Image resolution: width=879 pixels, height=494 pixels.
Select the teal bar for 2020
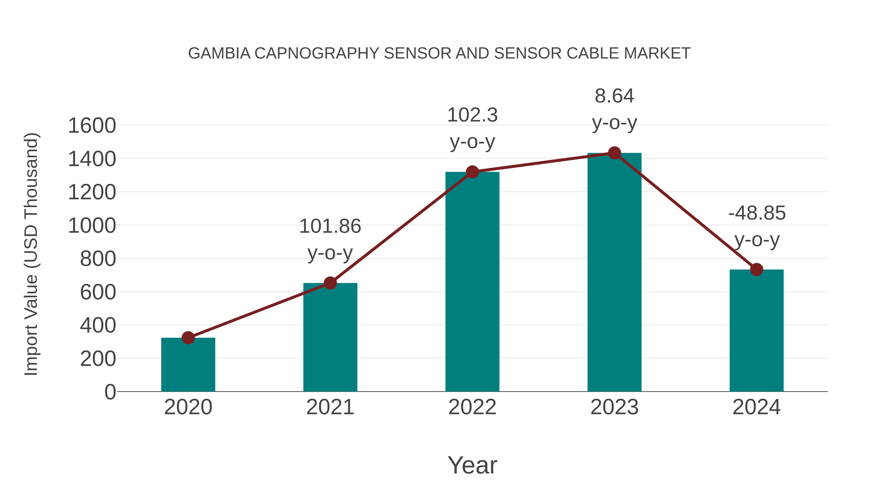pos(188,364)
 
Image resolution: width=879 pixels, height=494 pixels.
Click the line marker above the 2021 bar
pos(330,283)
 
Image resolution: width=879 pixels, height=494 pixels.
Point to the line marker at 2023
pos(614,153)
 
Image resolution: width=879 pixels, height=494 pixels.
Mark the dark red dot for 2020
pos(188,338)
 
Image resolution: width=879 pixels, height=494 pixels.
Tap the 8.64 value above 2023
pos(614,96)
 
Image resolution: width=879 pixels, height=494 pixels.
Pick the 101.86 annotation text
pos(330,226)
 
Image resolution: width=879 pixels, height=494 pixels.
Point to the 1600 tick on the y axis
pos(92,126)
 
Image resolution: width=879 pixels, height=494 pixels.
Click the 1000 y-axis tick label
pos(92,226)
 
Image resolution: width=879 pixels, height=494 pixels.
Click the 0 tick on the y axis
pos(110,392)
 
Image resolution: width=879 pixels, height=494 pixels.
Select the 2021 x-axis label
pos(330,407)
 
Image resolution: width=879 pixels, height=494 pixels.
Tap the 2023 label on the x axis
pos(614,407)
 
